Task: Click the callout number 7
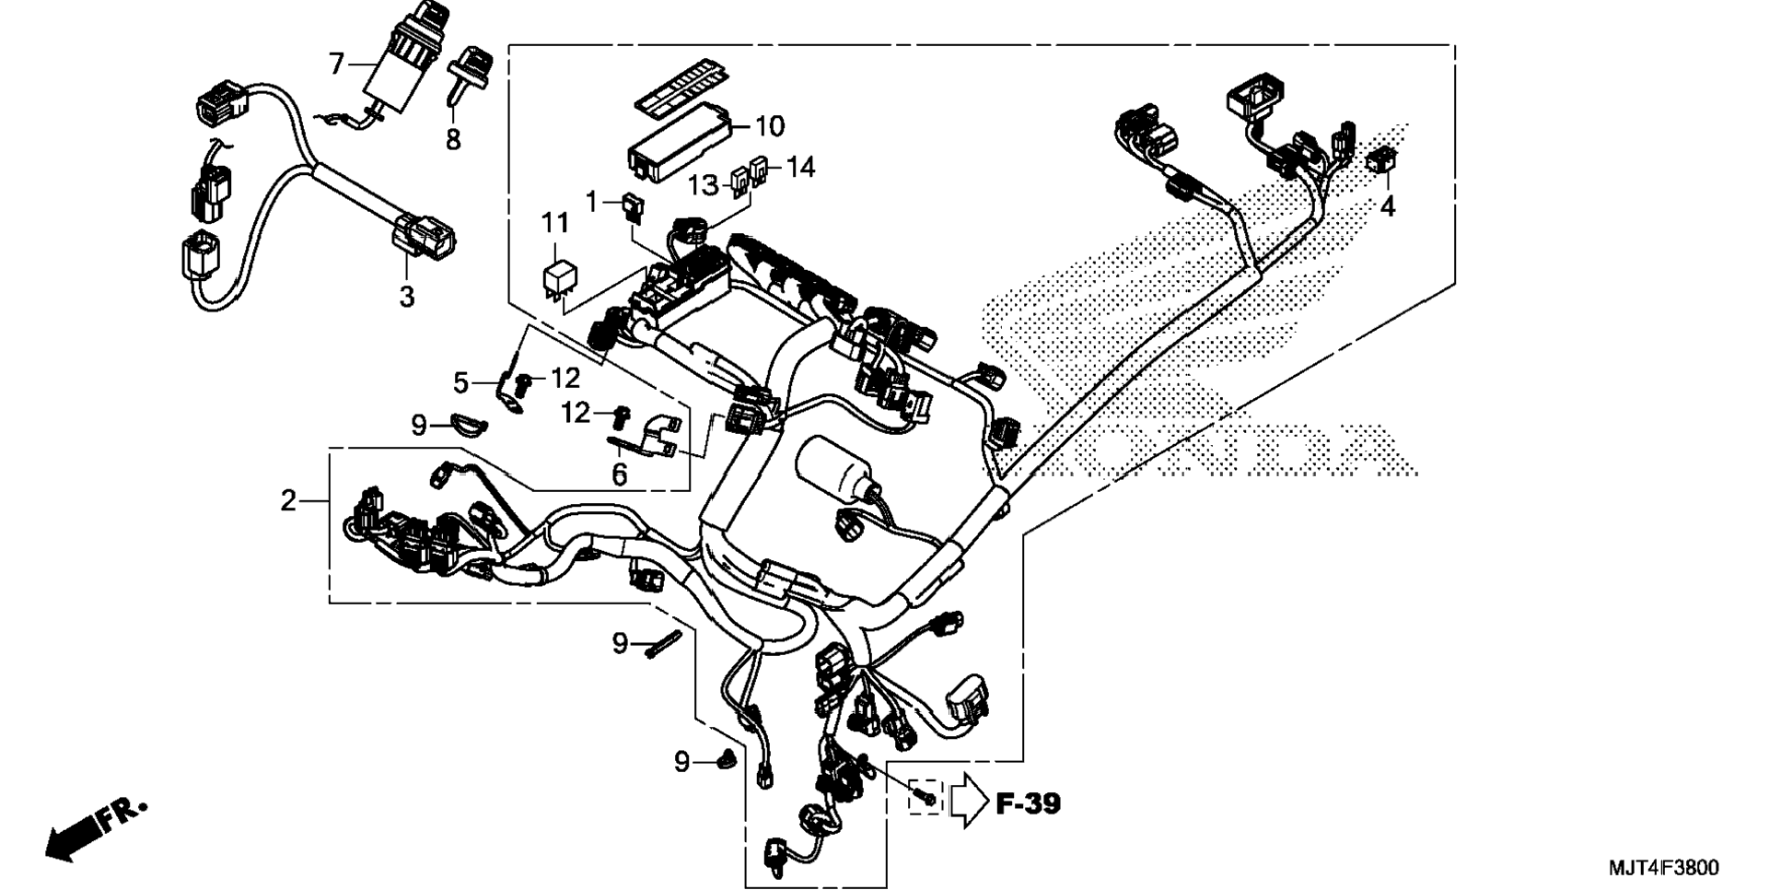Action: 336,64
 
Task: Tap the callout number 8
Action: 453,140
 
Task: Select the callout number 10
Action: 770,126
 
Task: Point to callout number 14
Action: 800,167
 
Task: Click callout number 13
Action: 704,185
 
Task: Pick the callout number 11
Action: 554,223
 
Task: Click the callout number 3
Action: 406,298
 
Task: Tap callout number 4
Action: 1388,207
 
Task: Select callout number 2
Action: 289,501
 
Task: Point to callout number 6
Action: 620,475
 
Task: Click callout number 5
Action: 461,381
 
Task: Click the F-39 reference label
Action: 1029,803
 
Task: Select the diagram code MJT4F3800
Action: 1663,868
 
